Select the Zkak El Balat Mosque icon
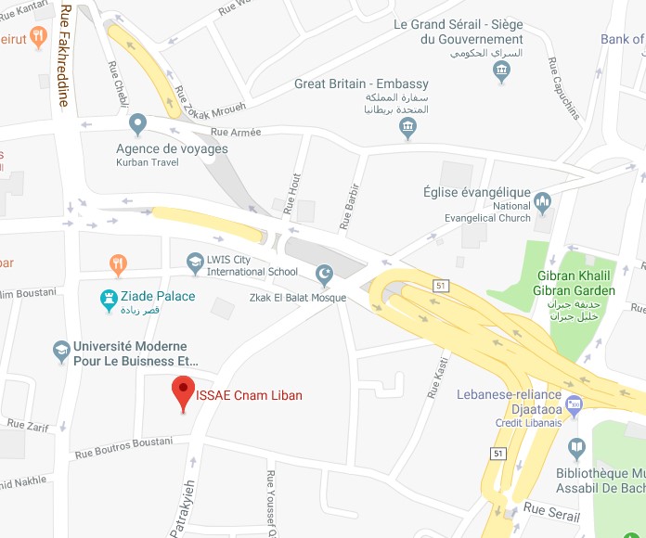[x=324, y=274]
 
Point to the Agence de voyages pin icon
[x=137, y=122]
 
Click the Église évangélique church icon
[x=543, y=200]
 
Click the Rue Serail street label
[x=551, y=511]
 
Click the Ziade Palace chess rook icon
[x=108, y=298]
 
